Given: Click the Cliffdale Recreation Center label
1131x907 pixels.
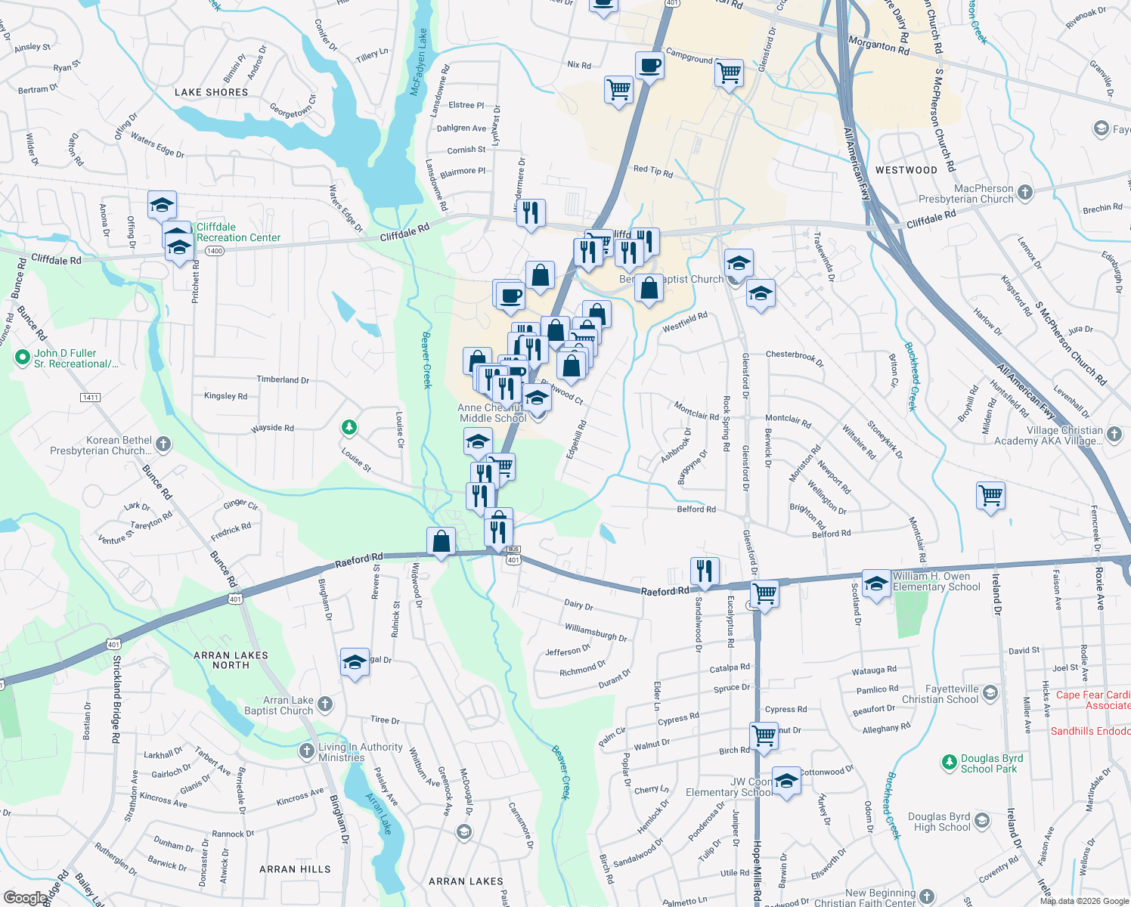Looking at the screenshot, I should [238, 232].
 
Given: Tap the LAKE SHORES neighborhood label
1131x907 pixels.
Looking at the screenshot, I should [211, 92].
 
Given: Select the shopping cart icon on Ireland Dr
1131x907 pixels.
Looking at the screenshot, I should [990, 497].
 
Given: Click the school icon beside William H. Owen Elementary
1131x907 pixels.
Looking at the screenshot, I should [876, 584].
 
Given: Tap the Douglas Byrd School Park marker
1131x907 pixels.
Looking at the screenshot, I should [949, 763].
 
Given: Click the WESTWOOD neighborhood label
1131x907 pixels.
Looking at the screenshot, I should [906, 170].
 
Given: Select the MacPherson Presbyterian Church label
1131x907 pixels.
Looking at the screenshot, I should [965, 193].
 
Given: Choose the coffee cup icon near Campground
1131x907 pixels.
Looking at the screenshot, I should [649, 67].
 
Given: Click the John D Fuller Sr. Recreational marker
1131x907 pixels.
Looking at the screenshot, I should [23, 357].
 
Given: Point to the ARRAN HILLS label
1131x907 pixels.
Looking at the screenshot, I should [295, 869].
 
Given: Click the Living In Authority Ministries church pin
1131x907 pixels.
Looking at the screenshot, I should [306, 751].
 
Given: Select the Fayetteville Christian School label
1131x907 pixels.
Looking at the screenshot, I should [940, 694].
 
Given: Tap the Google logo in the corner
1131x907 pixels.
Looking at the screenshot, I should [26, 897].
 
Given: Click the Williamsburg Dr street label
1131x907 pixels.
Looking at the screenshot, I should [596, 632].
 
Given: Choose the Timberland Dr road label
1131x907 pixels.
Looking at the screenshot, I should [283, 379].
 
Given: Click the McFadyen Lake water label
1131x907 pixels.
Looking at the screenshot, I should [418, 62].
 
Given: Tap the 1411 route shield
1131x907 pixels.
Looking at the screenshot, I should [90, 398].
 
